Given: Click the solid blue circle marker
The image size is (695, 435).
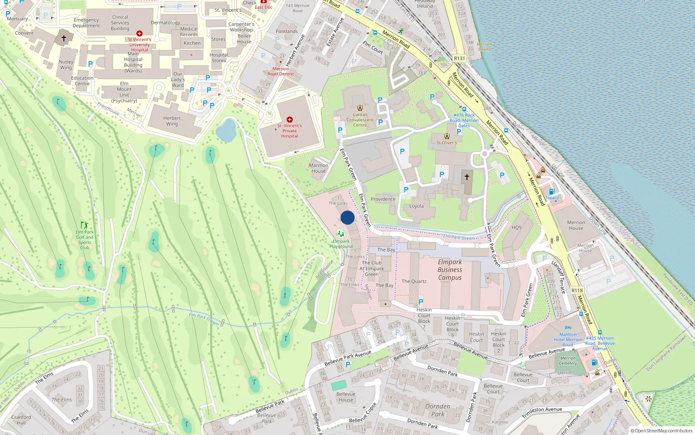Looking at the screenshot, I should [347, 217].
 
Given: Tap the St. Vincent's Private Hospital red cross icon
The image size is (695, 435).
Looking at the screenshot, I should [290, 120].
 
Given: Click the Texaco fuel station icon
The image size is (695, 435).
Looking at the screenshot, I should [552, 191].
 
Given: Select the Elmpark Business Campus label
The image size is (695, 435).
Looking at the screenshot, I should [450, 270].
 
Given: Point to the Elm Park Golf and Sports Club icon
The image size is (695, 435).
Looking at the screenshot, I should [85, 225].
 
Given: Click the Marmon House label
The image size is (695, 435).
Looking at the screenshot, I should [318, 168].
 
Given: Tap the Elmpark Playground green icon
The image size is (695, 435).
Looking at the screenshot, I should [341, 234].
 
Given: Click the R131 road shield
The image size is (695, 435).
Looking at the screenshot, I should [459, 58].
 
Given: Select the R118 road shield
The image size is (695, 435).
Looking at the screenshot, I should [577, 291].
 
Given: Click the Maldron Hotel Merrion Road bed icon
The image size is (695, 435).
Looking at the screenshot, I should [568, 328].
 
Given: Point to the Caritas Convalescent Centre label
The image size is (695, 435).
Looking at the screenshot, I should [360, 120].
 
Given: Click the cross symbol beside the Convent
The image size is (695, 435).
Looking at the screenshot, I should [64, 38].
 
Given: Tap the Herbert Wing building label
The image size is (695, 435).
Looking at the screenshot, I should [172, 121].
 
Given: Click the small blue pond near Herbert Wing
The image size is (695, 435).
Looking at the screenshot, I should [226, 130].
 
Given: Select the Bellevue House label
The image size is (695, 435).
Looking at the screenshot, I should [346, 397].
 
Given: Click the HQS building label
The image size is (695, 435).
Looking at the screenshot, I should [516, 228].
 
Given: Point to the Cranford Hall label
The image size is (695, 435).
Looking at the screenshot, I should [21, 420].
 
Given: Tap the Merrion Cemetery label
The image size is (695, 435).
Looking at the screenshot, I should [568, 361].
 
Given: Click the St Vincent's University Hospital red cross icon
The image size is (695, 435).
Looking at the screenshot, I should [139, 33].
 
